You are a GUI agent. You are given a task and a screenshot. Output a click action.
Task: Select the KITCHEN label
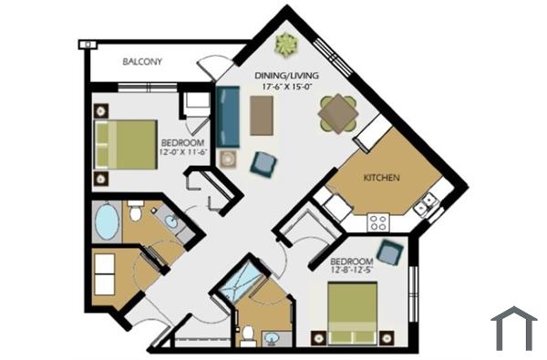point(381,177)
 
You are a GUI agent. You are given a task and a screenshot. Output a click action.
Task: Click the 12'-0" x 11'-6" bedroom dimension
point(181,153)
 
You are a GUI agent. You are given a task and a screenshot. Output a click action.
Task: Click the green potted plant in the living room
point(287,43)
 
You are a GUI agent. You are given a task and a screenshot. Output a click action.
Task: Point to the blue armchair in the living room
point(263,163)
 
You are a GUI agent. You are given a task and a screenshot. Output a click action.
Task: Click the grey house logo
point(513,328)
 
